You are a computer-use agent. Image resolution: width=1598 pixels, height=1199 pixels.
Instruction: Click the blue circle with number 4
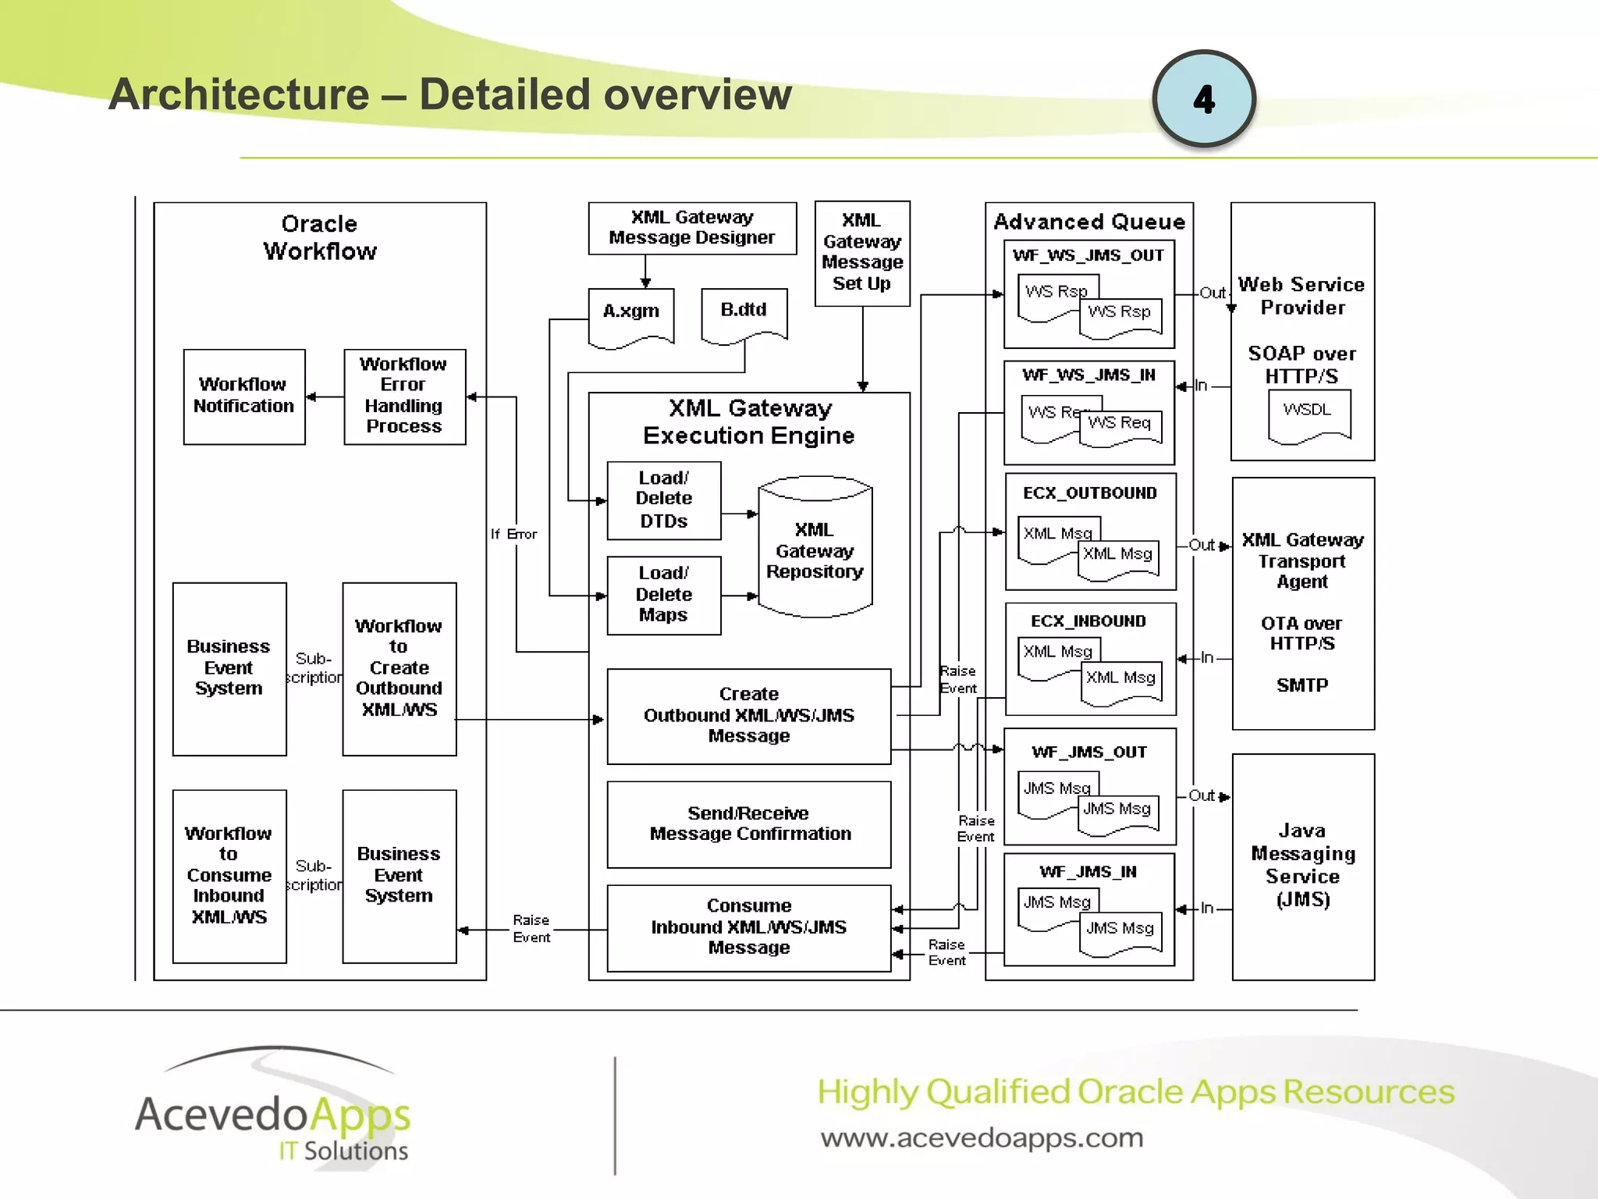pos(1203,99)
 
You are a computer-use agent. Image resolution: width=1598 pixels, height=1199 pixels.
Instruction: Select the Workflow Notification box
pos(244,397)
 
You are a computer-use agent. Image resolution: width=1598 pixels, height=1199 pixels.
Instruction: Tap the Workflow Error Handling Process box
pos(404,397)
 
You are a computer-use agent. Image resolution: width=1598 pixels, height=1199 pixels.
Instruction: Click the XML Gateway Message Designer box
pos(692,228)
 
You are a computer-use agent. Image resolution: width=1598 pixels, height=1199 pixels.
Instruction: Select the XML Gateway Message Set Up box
pos(862,253)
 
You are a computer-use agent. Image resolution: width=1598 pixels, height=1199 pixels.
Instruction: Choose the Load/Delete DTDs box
pos(663,500)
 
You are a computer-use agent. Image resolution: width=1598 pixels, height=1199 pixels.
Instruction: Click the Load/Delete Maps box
pos(663,595)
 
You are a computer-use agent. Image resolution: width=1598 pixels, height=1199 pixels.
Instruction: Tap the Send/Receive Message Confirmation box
pos(749,824)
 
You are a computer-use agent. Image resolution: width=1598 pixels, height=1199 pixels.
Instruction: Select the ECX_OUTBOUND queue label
pos(1090,493)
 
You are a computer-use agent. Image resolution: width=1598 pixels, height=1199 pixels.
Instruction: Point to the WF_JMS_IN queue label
pos(1088,872)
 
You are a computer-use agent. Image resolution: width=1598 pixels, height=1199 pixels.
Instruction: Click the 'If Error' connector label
pos(513,534)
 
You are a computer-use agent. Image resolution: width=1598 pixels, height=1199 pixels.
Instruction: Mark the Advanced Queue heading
pos(1089,222)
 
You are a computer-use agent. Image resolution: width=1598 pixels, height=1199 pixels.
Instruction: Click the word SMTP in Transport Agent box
pos(1301,685)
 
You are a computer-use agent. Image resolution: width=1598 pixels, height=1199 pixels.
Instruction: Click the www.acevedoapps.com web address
pos(982,1138)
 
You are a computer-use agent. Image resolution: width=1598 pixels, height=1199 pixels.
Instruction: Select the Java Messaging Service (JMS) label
pos(1302,865)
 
